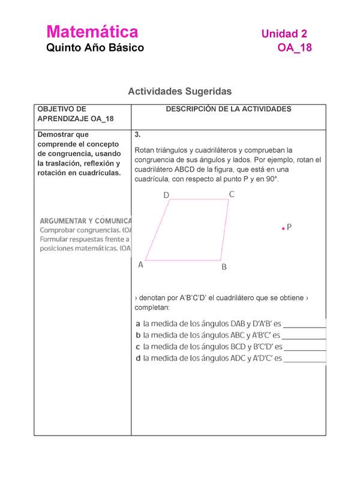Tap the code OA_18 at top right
[x=295, y=48]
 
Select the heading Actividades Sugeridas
[x=179, y=91]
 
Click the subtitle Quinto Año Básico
[x=95, y=48]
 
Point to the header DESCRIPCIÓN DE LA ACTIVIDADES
[x=229, y=109]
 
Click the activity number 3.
[x=138, y=134]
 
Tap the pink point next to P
[x=282, y=229]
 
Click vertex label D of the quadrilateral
[x=166, y=196]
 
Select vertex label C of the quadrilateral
[x=232, y=194]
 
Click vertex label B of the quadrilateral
[x=224, y=268]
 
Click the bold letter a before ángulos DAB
[x=139, y=324]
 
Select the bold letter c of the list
[x=139, y=347]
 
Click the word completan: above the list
[x=153, y=308]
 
